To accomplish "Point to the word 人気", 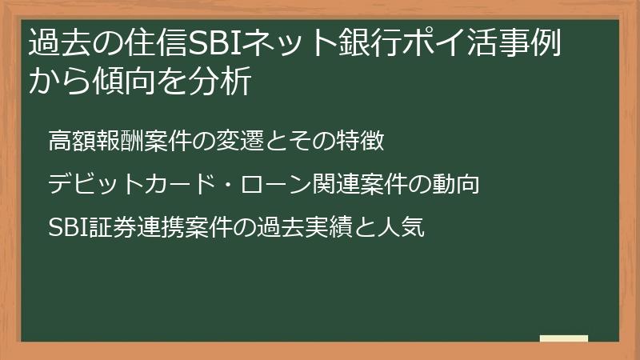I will [399, 229].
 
